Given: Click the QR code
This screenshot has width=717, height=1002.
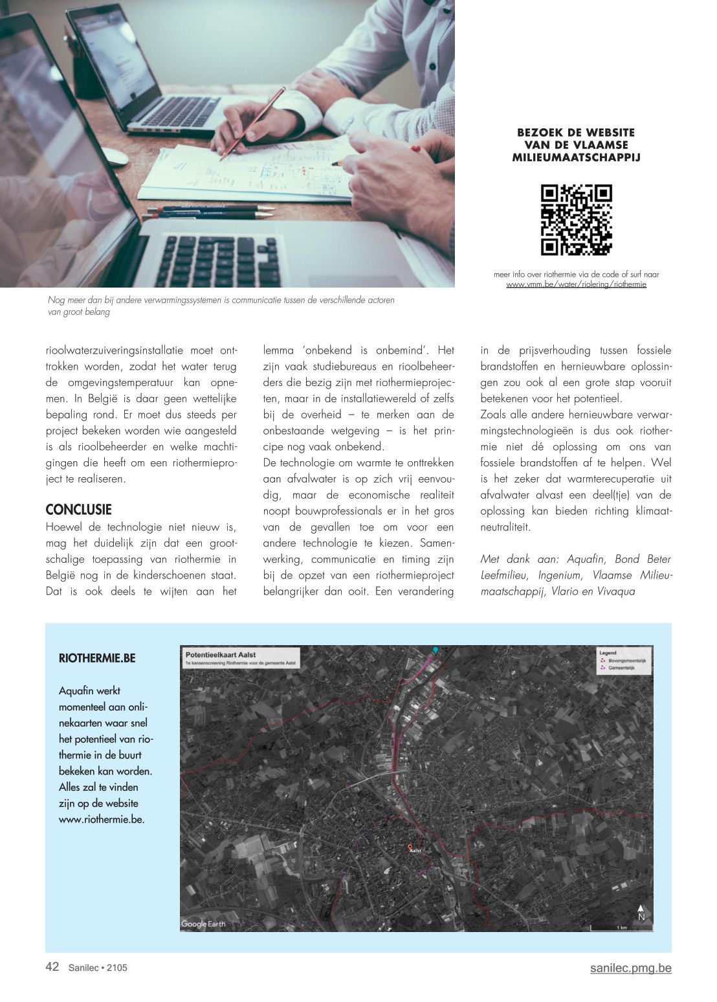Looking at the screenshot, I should (576, 220).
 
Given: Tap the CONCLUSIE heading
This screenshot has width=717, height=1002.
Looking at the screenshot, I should (78, 510).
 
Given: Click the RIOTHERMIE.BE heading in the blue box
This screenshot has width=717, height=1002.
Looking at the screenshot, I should (97, 658).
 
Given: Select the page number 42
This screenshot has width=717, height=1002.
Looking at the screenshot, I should (52, 967).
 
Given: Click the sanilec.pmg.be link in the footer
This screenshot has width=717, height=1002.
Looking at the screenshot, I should (630, 968).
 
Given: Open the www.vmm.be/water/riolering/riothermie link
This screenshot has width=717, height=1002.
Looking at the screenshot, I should (576, 284).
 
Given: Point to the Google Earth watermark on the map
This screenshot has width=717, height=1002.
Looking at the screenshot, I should (203, 924).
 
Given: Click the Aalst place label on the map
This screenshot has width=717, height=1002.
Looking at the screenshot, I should (415, 851).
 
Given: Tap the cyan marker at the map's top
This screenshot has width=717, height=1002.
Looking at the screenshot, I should (436, 650).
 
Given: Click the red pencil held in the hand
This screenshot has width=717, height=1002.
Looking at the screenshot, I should (252, 123).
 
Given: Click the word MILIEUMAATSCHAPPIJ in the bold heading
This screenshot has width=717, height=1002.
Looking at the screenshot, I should (576, 157).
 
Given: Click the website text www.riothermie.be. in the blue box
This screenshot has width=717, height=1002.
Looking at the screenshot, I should (102, 819).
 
